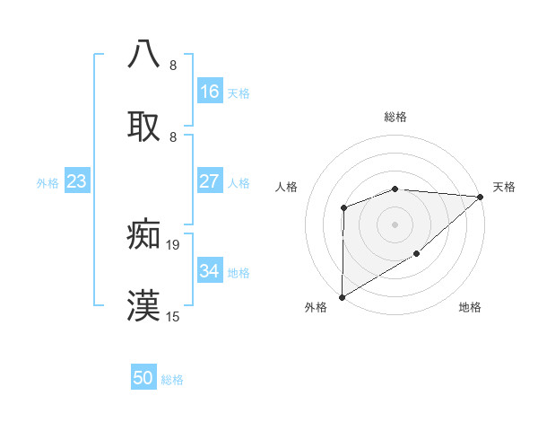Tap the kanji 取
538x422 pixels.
pyautogui.click(x=144, y=126)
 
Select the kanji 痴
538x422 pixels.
pyautogui.click(x=144, y=235)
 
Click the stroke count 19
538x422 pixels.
pyautogui.click(x=173, y=244)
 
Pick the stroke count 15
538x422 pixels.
pyautogui.click(x=173, y=316)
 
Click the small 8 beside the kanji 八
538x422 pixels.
pyautogui.click(x=173, y=65)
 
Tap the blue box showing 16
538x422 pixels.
pyautogui.click(x=210, y=92)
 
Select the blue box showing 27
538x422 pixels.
pyautogui.click(x=210, y=181)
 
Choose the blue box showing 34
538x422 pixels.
pyautogui.click(x=210, y=271)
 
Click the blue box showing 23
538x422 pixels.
pyautogui.click(x=77, y=182)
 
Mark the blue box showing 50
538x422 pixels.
pyautogui.click(x=143, y=379)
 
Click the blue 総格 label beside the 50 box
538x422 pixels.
pyautogui.click(x=172, y=380)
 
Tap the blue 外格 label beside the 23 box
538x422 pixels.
pyautogui.click(x=48, y=183)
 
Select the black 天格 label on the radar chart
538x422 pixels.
pyautogui.click(x=504, y=187)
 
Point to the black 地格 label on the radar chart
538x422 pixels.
pyautogui.click(x=470, y=308)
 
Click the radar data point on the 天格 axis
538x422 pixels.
pyautogui.click(x=481, y=197)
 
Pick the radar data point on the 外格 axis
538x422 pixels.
pyautogui.click(x=342, y=296)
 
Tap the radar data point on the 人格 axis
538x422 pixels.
pyautogui.click(x=343, y=208)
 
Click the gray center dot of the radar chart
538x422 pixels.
pyautogui.click(x=395, y=224)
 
